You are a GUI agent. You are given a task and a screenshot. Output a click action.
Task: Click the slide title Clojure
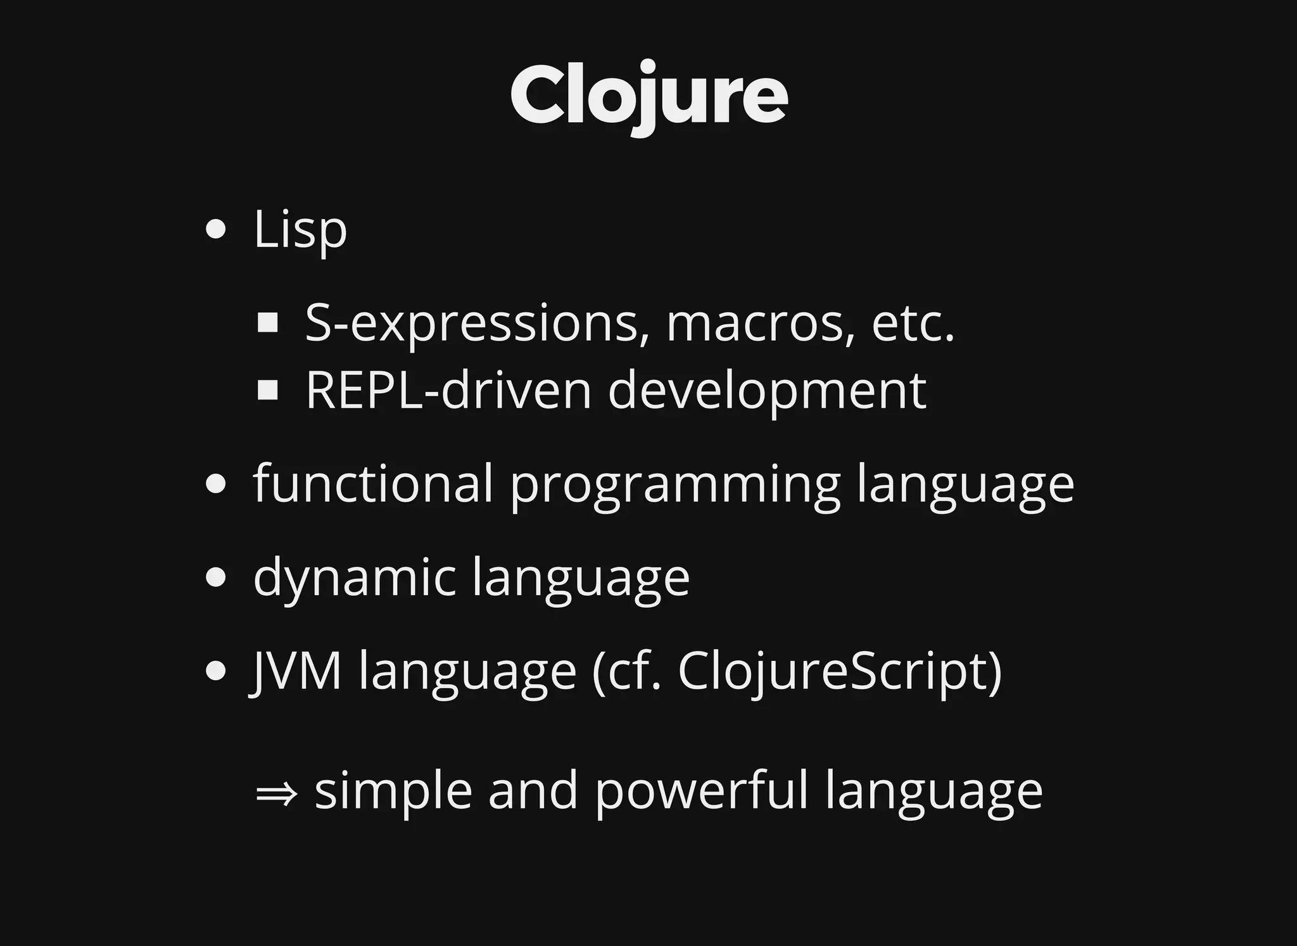[648, 95]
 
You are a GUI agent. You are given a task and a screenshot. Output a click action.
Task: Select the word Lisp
[300, 229]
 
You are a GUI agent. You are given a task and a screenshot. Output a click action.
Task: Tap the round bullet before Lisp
[216, 229]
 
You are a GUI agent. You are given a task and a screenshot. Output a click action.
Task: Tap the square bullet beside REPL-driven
[269, 391]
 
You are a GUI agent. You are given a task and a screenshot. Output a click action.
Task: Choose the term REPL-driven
[448, 391]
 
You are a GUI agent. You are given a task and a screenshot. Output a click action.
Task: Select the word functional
[373, 483]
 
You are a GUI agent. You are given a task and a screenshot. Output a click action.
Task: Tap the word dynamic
[355, 578]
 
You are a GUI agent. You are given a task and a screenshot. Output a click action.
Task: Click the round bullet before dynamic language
[216, 577]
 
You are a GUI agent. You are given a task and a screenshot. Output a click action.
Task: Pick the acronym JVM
[297, 671]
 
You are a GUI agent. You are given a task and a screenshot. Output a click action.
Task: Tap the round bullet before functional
[216, 484]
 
